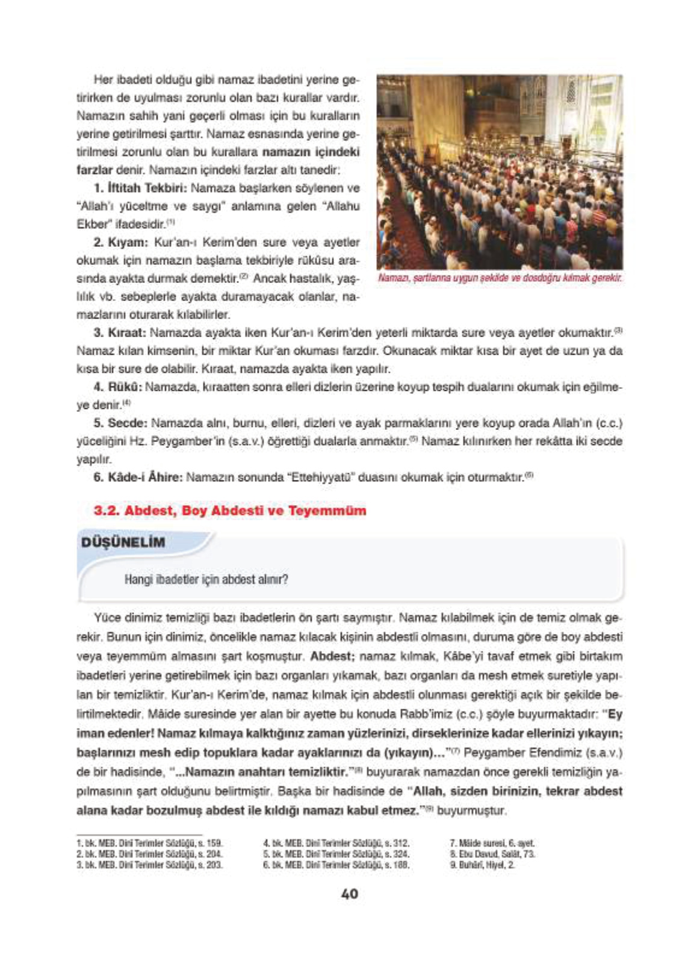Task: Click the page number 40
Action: tap(350, 894)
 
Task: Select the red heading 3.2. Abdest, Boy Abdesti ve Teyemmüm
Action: tap(230, 511)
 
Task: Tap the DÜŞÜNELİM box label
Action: tap(123, 542)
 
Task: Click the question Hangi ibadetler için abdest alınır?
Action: tap(206, 580)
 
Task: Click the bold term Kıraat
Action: tap(126, 332)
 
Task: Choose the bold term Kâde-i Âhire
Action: tap(144, 477)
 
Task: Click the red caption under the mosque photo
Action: tap(500, 278)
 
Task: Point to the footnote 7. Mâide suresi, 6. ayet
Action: tap(492, 844)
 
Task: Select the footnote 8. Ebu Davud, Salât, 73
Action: tap(492, 854)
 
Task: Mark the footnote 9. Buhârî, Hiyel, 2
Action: tap(482, 865)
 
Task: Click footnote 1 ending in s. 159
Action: tap(149, 844)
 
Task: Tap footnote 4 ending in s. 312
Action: tap(336, 844)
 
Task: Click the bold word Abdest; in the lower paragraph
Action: tap(333, 656)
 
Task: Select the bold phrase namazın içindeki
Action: tap(311, 152)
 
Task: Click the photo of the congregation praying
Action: tap(500, 172)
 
